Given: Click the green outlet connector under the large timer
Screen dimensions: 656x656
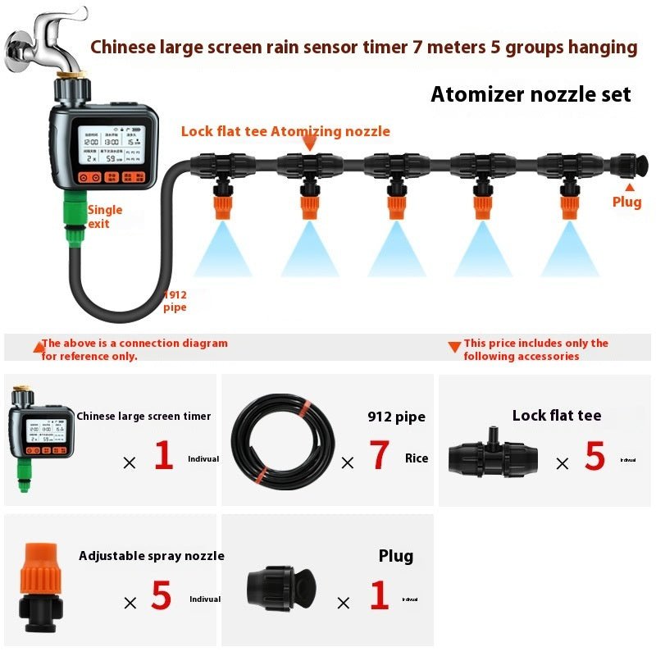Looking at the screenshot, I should (x=75, y=217).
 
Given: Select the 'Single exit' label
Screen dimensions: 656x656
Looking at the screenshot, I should (x=104, y=216).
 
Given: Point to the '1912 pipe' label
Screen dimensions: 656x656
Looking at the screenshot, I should (x=175, y=301).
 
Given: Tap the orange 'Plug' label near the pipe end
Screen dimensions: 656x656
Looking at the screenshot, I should (x=627, y=202).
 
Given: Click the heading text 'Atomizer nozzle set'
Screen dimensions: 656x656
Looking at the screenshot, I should (x=531, y=94).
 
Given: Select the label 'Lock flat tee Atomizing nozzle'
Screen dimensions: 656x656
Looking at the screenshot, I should (x=285, y=131).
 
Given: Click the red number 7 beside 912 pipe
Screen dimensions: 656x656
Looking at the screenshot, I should (x=379, y=456).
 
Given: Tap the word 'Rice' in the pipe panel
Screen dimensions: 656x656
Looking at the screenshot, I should (x=417, y=458).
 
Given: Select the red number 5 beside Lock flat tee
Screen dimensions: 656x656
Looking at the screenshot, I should (x=594, y=457).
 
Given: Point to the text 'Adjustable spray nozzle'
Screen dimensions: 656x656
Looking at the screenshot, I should (x=152, y=556).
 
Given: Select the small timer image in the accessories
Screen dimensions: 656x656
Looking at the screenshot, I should (x=41, y=439).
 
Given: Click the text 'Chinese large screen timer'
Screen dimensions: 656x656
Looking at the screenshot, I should (x=143, y=417).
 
